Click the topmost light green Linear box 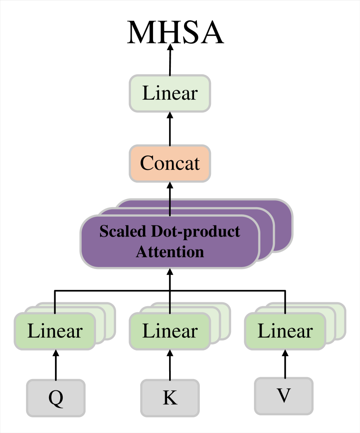(x=170, y=93)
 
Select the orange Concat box (x=170, y=163)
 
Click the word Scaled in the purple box (x=123, y=232)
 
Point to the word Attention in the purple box (x=170, y=252)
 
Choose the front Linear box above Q (x=55, y=331)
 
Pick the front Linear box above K (x=170, y=331)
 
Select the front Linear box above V (x=285, y=331)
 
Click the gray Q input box (x=55, y=398)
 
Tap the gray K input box (x=170, y=398)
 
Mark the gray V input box (x=284, y=396)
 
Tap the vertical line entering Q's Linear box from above (x=55, y=307)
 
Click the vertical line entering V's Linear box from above (x=285, y=307)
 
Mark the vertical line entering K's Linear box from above (x=170, y=307)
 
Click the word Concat (x=170, y=163)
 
